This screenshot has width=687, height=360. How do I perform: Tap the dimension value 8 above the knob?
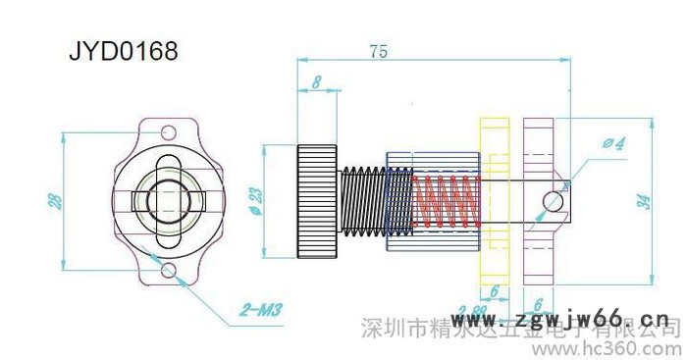click(316, 84)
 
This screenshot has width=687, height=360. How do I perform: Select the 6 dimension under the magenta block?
click(539, 303)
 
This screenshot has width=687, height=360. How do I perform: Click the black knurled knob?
click(318, 201)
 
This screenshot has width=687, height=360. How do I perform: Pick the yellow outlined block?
click(493, 201)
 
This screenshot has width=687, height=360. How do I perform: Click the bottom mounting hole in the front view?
click(170, 270)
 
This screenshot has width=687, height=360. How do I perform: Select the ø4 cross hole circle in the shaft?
click(554, 201)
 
